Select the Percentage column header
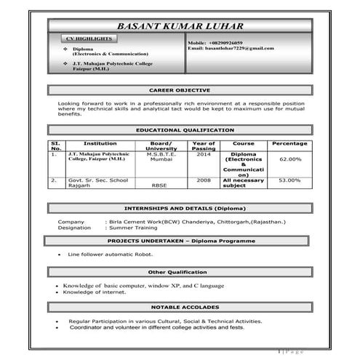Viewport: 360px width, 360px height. click(289, 143)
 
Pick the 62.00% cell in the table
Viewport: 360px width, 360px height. click(289, 159)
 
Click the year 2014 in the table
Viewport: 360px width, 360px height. click(204, 154)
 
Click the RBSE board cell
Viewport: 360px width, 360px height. click(159, 185)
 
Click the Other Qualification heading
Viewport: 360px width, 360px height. click(179, 272)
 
